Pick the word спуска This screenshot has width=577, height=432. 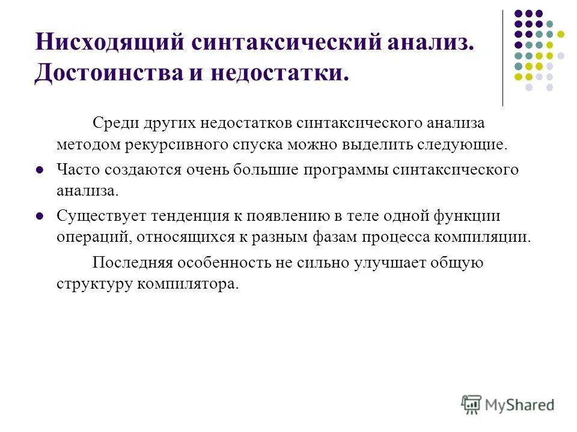[x=255, y=145]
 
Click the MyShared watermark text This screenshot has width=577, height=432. [x=521, y=404]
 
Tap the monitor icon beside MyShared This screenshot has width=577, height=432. [x=472, y=404]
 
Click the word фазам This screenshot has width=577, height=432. [x=327, y=236]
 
